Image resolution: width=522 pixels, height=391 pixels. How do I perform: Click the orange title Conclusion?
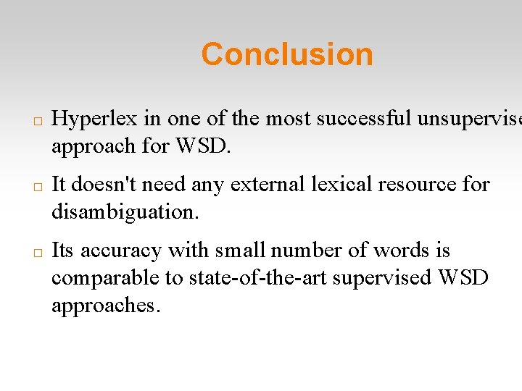tap(287, 54)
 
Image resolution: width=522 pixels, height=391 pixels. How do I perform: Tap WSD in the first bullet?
tap(202, 146)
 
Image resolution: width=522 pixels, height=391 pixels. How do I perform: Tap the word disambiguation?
tap(125, 212)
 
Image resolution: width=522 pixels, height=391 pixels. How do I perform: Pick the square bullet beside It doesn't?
tap(37, 186)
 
